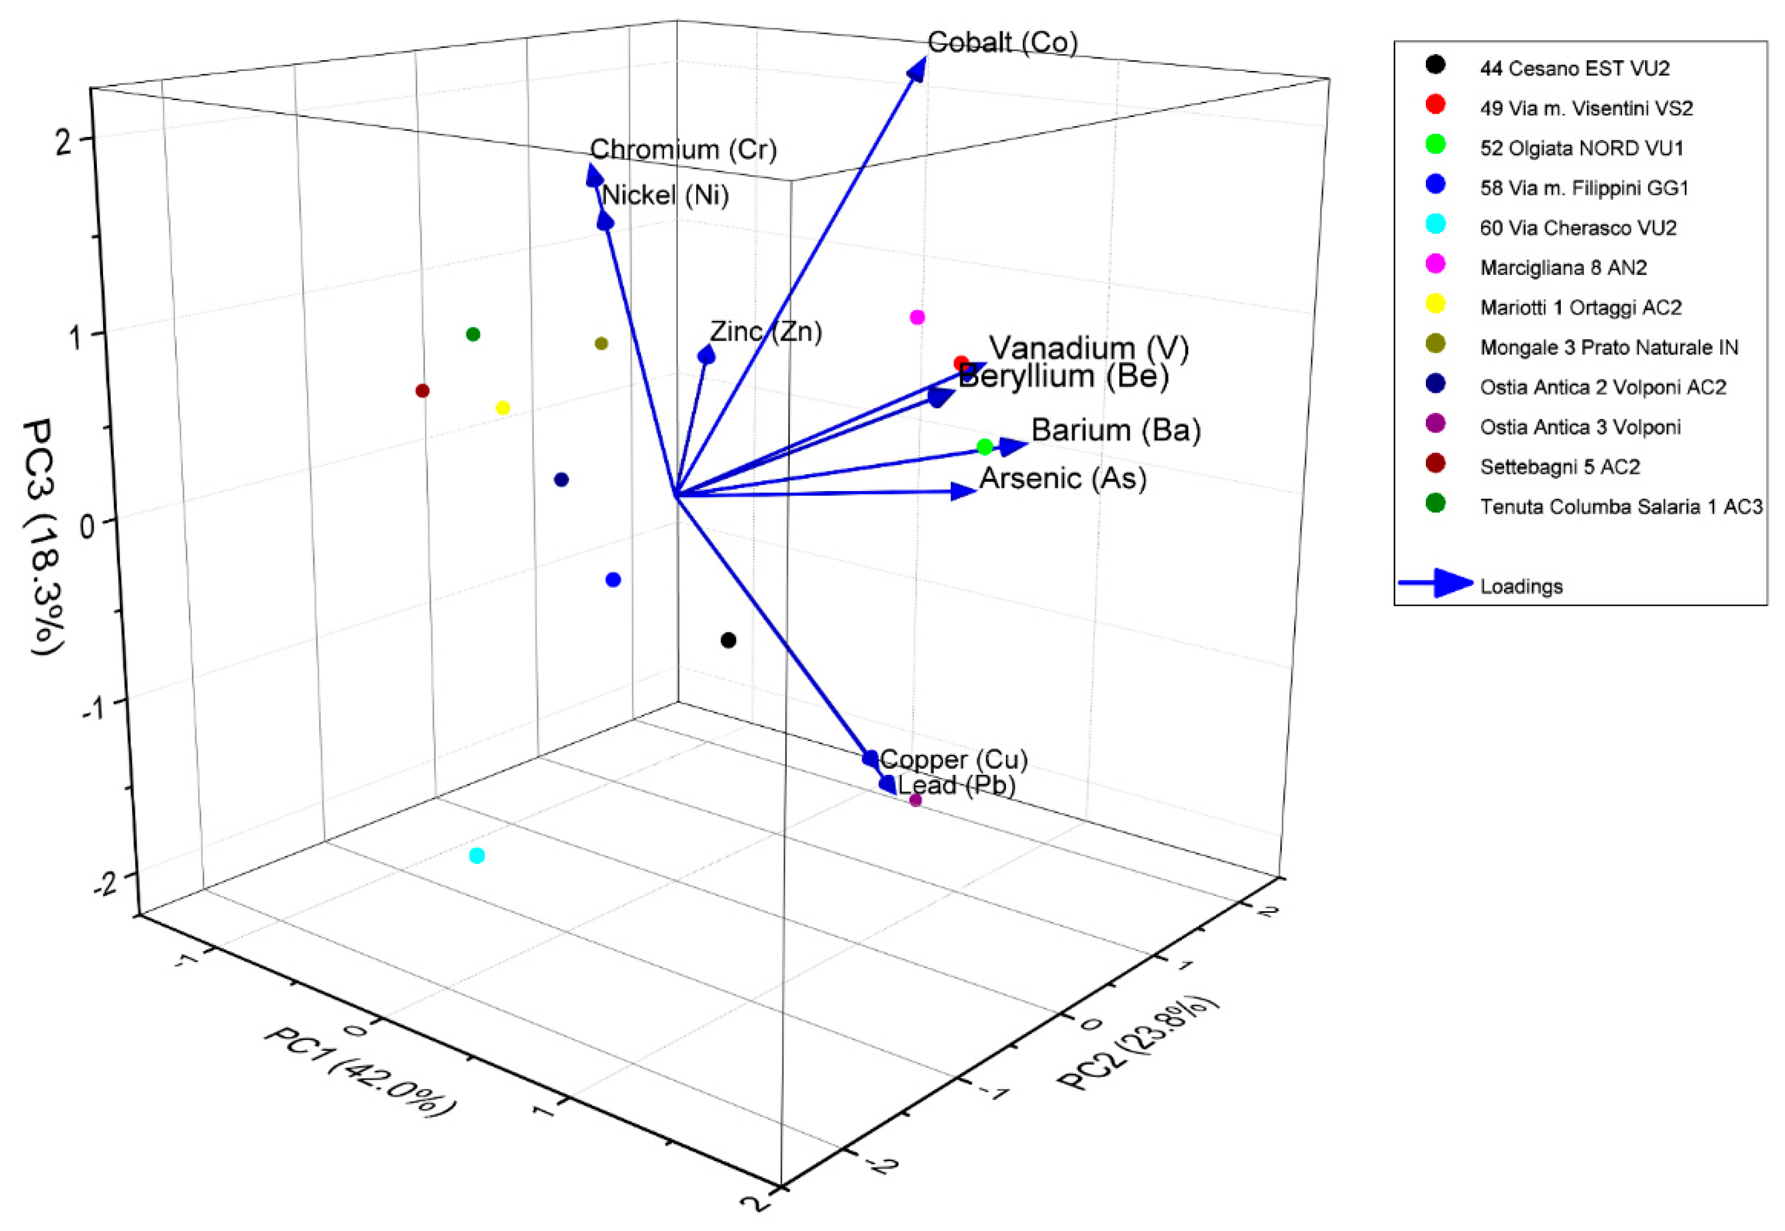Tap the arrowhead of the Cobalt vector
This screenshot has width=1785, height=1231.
coord(918,69)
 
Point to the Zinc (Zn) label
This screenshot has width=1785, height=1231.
coord(766,332)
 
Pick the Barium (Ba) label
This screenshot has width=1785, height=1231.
coord(1116,430)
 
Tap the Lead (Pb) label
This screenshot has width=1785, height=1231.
coord(956,785)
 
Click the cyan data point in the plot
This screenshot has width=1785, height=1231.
coord(477,855)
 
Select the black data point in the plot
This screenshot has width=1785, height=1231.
coord(728,640)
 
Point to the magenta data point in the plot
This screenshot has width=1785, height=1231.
coord(917,317)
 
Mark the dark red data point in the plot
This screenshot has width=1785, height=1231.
coord(423,391)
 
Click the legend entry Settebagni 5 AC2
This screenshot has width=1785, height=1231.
coord(1559,467)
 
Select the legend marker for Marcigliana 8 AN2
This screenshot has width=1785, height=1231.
coord(1435,265)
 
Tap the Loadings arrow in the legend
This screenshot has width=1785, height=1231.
coord(1434,583)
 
